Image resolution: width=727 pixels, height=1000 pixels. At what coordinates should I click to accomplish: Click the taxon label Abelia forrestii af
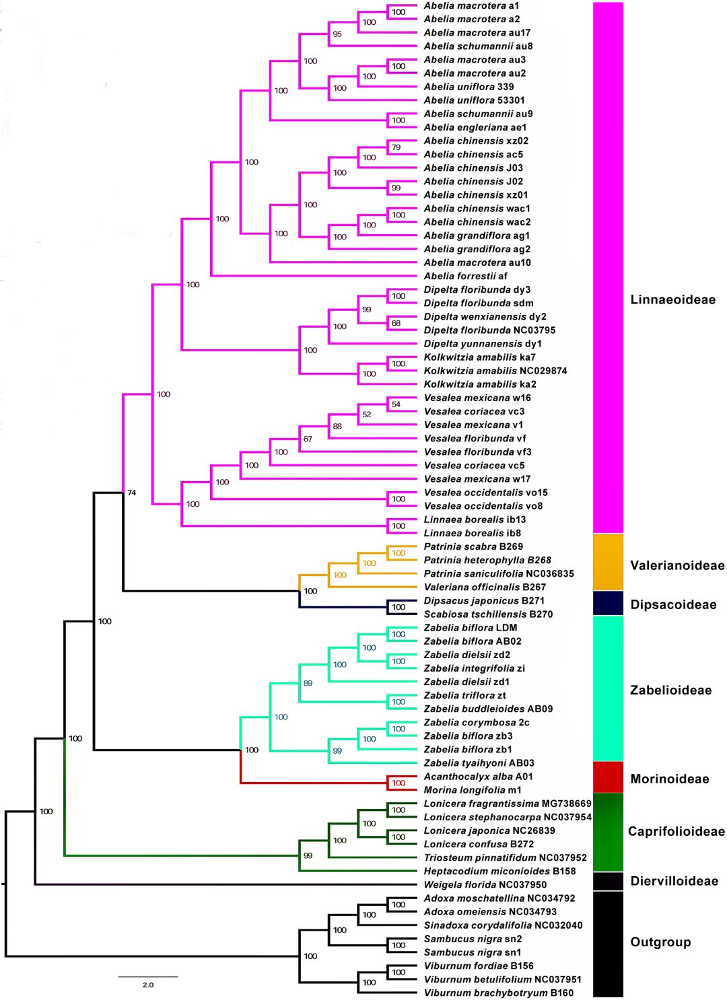[x=465, y=276]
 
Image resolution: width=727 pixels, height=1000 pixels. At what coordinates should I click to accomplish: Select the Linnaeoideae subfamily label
[x=672, y=299]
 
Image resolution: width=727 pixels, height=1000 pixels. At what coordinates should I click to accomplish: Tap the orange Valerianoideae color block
[x=608, y=562]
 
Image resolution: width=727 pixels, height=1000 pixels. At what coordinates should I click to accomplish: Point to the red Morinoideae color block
[x=608, y=777]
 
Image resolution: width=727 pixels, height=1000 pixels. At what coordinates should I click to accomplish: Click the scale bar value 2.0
[x=148, y=985]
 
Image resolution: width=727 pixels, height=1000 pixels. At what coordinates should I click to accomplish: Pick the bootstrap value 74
[x=132, y=493]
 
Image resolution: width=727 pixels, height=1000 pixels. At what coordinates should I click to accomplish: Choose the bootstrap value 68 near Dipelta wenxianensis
[x=396, y=323]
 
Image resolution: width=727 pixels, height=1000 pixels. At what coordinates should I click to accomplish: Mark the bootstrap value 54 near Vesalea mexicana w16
[x=396, y=404]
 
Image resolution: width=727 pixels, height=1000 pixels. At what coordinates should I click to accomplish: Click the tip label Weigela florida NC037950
[x=485, y=884]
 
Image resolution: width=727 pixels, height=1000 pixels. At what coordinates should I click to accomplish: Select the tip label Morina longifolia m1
[x=472, y=790]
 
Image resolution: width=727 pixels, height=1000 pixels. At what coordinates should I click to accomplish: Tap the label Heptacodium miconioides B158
[x=499, y=871]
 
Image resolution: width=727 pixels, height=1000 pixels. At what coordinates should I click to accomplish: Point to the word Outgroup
[x=660, y=942]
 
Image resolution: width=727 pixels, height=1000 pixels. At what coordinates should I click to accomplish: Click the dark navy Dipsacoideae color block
[x=608, y=603]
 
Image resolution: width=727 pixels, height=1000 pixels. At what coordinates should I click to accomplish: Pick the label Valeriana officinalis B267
[x=485, y=587]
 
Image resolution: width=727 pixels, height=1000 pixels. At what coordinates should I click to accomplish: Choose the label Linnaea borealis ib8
[x=472, y=533]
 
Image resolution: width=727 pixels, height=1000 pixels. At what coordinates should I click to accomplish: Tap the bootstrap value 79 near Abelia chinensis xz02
[x=396, y=147]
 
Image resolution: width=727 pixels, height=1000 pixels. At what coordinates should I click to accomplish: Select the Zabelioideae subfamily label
[x=670, y=690]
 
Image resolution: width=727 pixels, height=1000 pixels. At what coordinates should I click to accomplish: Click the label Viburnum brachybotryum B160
[x=498, y=993]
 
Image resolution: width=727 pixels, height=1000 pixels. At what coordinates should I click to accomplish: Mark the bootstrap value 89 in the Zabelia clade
[x=308, y=683]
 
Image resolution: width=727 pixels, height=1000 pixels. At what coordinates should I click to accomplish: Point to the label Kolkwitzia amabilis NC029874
[x=495, y=371]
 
